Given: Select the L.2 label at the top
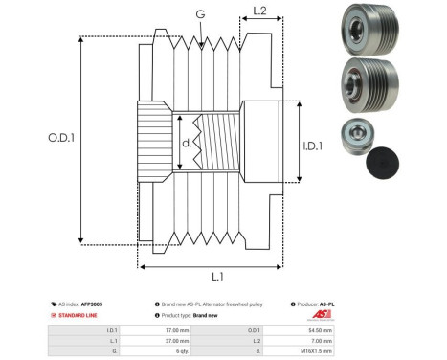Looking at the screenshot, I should click(x=258, y=12).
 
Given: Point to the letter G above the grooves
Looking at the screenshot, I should click(x=199, y=13).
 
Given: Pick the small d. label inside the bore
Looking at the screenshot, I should click(x=188, y=145).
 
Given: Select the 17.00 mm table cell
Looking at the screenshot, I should click(x=177, y=328).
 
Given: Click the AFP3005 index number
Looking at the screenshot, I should click(x=91, y=303).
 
